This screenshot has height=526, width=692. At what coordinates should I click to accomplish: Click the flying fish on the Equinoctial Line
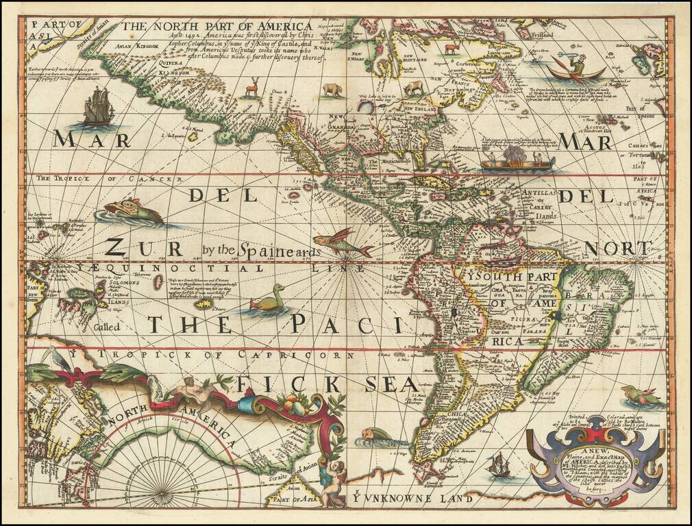point(343,245)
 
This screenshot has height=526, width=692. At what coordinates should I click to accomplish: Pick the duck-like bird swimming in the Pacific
point(268,299)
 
